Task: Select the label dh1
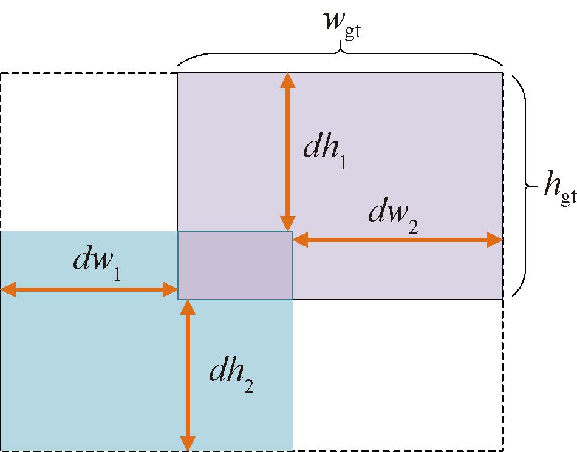tap(325, 152)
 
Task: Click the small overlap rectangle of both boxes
tap(235, 265)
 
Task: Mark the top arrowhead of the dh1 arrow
tap(287, 80)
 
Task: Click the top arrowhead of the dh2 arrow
tap(188, 307)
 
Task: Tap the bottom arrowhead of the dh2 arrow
tap(188, 444)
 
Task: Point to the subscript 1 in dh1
tap(343, 163)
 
